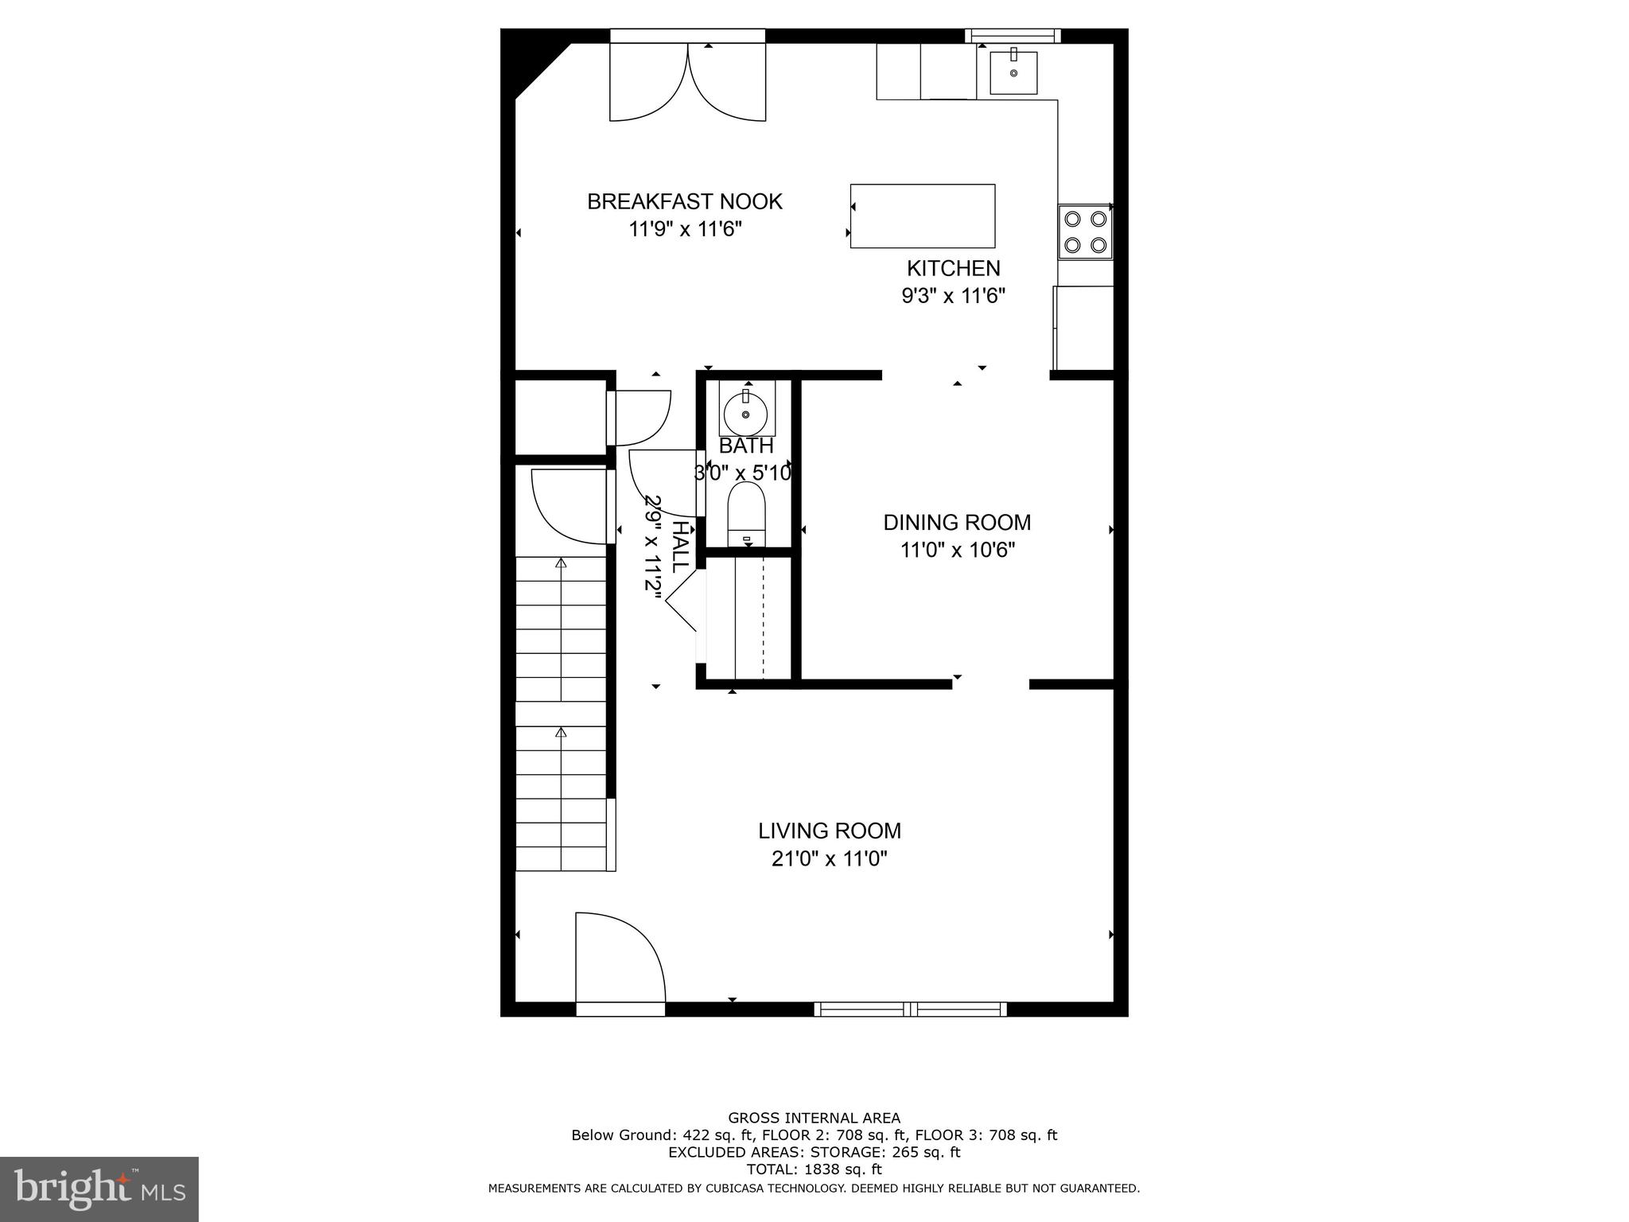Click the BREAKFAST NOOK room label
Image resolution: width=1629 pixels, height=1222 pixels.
tap(684, 201)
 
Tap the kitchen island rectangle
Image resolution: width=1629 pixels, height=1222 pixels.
tap(922, 216)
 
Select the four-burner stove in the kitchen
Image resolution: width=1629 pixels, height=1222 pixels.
tap(1085, 232)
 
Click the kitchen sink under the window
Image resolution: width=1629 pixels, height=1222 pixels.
tap(1013, 72)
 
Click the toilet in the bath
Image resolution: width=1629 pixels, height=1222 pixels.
tap(746, 513)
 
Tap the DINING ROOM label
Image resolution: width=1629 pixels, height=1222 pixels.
tap(957, 523)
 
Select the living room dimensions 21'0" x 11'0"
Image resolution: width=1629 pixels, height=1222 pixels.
tap(829, 858)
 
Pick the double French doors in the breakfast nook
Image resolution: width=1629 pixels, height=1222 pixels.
tap(687, 83)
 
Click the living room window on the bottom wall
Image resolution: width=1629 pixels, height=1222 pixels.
tap(910, 1010)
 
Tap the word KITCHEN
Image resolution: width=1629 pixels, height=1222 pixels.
tap(953, 268)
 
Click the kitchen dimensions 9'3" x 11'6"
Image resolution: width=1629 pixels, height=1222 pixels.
tap(953, 296)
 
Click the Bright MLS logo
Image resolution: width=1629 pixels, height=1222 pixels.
tap(99, 1188)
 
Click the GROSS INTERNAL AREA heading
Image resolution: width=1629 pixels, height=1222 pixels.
tap(814, 1118)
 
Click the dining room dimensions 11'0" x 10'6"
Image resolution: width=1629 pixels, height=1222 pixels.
tap(957, 550)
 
